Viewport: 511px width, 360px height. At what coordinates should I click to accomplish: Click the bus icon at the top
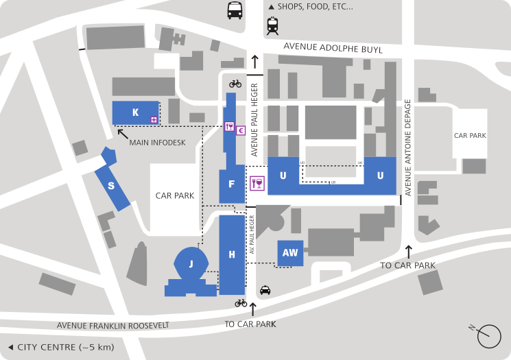click(x=235, y=10)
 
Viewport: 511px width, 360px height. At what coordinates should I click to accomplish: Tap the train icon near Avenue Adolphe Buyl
click(x=273, y=27)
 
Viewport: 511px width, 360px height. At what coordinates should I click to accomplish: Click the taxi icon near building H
click(x=265, y=291)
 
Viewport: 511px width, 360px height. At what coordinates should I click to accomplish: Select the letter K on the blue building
click(x=136, y=112)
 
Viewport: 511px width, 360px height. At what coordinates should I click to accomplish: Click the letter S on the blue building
click(x=110, y=185)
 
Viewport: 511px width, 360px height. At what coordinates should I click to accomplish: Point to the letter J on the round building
click(x=191, y=264)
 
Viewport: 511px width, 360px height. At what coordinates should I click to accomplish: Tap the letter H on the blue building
click(x=232, y=255)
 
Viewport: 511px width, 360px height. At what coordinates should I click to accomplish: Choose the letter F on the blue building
click(x=232, y=184)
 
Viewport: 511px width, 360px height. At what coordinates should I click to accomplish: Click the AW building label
click(x=290, y=252)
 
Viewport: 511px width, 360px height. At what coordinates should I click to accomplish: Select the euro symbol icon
click(x=241, y=130)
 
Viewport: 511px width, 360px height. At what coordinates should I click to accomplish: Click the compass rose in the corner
click(x=489, y=335)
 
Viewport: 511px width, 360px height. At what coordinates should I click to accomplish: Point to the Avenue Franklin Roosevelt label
click(x=113, y=326)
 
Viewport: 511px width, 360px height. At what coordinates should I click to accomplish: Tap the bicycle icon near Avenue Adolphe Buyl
click(x=235, y=84)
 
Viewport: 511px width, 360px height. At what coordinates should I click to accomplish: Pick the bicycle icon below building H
click(x=241, y=302)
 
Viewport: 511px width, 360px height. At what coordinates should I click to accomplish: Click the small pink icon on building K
click(x=154, y=120)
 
